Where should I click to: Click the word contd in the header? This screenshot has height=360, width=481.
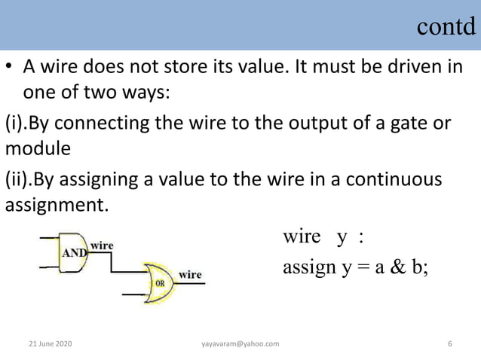coord(446,27)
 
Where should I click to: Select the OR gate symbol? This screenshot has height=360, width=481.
coord(160,282)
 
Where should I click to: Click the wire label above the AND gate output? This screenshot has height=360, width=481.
coord(102,245)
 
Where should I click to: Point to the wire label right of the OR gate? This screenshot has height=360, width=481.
coord(190,275)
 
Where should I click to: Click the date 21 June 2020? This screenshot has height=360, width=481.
coord(51,344)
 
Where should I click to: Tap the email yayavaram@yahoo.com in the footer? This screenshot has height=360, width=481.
coord(240,344)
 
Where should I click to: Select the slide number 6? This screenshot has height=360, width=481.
coord(450,344)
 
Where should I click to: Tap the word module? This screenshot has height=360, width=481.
coord(38,148)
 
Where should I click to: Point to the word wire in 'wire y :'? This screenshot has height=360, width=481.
coord(302,238)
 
